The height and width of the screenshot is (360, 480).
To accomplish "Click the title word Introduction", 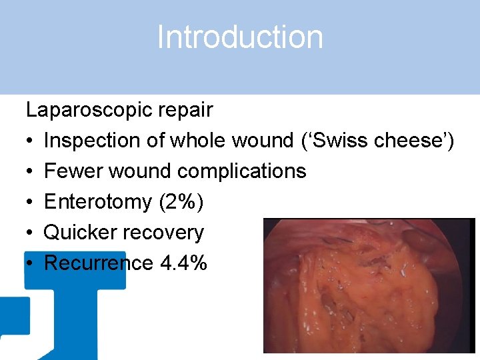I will [x=240, y=37].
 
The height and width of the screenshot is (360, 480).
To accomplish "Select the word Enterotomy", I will [x=97, y=202].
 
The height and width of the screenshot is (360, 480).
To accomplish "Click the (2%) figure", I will [x=180, y=202].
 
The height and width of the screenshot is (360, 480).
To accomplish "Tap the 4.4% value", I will [x=184, y=263].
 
